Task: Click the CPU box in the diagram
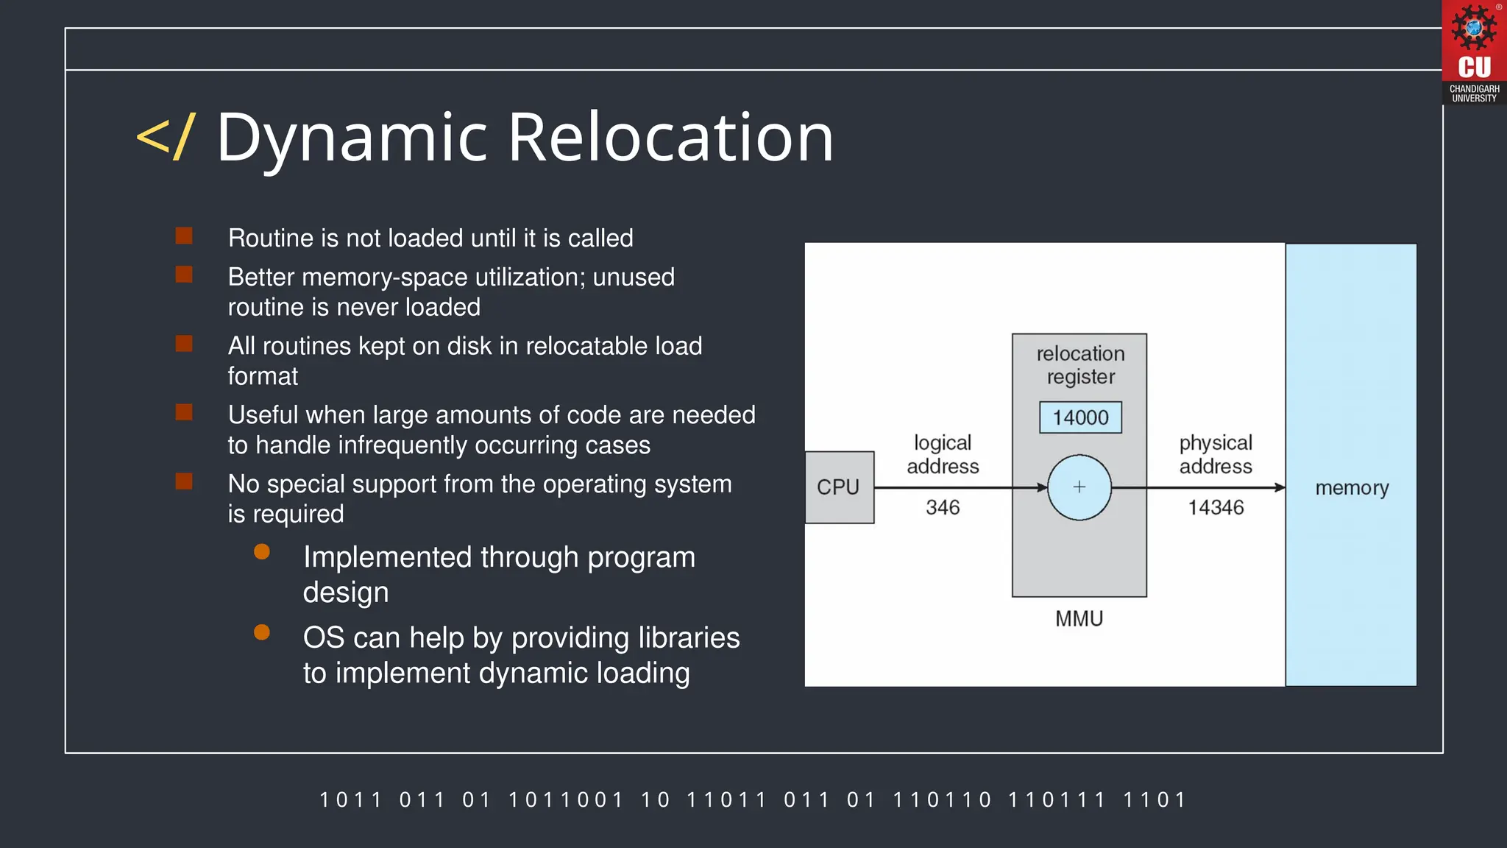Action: [839, 487]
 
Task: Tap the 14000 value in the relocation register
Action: [1080, 417]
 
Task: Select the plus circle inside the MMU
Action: [1079, 487]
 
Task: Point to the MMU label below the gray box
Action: [1079, 618]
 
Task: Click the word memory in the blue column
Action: [1352, 487]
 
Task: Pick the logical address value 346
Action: [943, 507]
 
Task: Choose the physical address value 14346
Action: [1216, 507]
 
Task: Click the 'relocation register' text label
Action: [1080, 365]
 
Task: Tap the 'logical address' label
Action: [943, 454]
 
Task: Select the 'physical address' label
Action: [1216, 454]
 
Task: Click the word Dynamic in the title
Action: [352, 138]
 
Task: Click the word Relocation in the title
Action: [671, 138]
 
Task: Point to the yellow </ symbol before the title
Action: [166, 137]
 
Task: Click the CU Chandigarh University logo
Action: [1474, 52]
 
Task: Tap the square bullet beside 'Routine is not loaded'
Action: [184, 236]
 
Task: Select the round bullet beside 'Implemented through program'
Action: [262, 551]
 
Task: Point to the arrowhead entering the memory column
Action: [1280, 487]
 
